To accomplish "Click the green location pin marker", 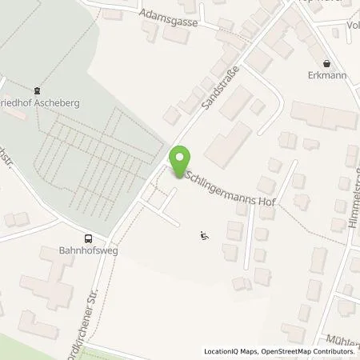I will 180,159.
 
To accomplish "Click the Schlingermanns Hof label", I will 230,189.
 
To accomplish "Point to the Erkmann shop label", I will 325,75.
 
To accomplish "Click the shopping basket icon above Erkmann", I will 326,62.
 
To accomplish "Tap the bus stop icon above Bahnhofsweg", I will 87,238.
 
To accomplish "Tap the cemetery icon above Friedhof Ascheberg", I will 37,90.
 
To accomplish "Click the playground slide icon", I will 204,234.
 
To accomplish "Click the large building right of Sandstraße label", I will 228,140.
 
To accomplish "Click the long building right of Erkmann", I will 324,115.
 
